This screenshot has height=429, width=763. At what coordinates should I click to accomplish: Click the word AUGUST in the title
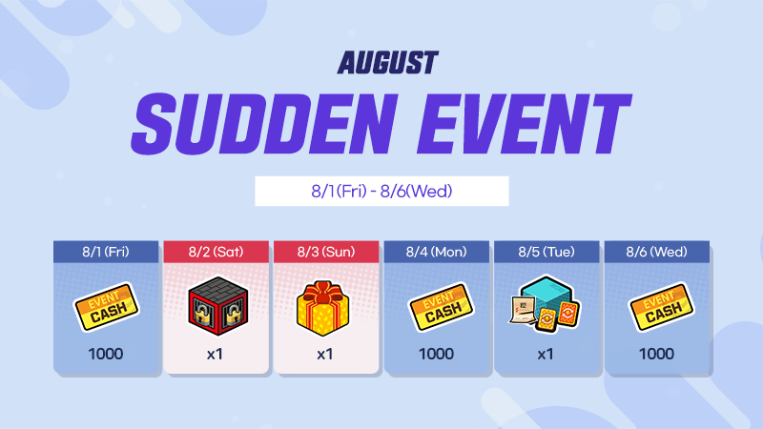pyautogui.click(x=388, y=63)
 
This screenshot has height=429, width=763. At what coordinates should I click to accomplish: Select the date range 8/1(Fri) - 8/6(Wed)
pyautogui.click(x=382, y=192)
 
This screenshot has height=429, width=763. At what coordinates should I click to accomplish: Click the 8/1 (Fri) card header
pyautogui.click(x=106, y=252)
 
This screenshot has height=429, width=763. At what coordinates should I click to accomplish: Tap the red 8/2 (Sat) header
pyautogui.click(x=217, y=252)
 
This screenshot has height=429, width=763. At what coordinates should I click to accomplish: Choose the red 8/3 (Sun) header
pyautogui.click(x=326, y=252)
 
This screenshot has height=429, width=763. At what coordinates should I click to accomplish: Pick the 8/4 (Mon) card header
pyautogui.click(x=437, y=252)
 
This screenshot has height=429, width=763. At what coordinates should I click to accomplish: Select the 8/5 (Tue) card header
pyautogui.click(x=546, y=252)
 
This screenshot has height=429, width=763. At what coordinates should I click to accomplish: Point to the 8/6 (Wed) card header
pyautogui.click(x=657, y=252)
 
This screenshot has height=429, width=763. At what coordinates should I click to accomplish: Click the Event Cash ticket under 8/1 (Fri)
pyautogui.click(x=106, y=307)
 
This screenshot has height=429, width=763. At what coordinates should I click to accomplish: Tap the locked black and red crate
pyautogui.click(x=218, y=306)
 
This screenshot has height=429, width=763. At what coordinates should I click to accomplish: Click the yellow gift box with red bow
pyautogui.click(x=323, y=308)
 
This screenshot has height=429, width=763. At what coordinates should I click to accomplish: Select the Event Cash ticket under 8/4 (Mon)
pyautogui.click(x=442, y=307)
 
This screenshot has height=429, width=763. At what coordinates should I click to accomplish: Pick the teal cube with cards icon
pyautogui.click(x=545, y=304)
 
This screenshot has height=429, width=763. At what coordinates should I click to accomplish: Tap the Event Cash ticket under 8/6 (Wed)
pyautogui.click(x=662, y=307)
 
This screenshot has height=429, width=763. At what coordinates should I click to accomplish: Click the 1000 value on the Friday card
pyautogui.click(x=106, y=354)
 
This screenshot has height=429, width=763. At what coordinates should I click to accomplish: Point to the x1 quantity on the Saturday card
pyautogui.click(x=215, y=354)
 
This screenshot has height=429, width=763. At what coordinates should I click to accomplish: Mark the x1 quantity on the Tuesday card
pyautogui.click(x=545, y=354)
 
